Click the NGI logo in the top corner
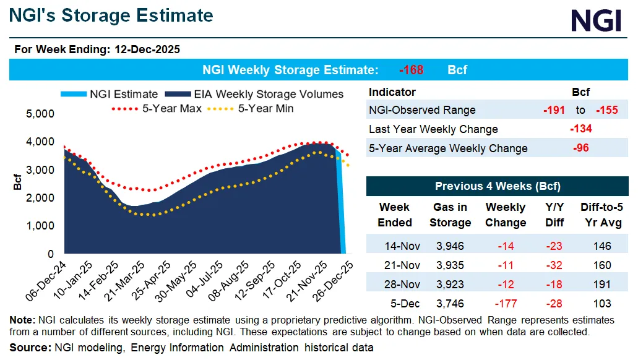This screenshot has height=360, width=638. [x=595, y=21]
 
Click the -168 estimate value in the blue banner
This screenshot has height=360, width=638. [x=411, y=70]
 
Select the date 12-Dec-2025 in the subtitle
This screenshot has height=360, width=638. [x=147, y=49]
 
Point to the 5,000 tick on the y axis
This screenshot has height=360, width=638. [x=41, y=114]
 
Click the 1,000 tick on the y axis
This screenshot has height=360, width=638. [x=41, y=226]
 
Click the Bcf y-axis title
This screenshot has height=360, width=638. [x=17, y=183]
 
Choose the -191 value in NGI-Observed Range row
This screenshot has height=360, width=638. [x=554, y=110]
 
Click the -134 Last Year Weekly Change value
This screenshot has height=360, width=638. [x=580, y=129]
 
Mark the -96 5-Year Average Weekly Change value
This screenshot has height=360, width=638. [x=580, y=148]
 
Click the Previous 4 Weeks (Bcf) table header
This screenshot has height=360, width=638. [x=498, y=186]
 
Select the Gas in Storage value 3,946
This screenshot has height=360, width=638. [x=450, y=246]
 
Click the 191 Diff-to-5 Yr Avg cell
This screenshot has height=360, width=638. [x=601, y=284]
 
